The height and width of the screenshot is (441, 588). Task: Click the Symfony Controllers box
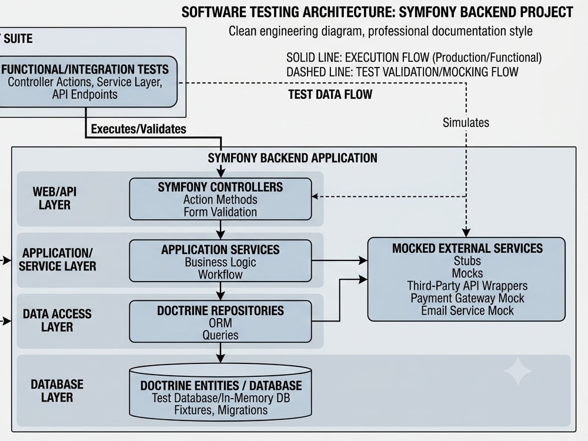point(220,199)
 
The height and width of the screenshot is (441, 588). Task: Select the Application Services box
point(220,261)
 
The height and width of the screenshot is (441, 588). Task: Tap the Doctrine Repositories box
point(220,322)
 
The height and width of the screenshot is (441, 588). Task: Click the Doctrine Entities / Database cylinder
point(220,392)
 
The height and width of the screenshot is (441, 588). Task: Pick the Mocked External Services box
point(466,279)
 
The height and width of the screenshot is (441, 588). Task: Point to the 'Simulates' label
point(466,123)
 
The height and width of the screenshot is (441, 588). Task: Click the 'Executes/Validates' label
point(138,129)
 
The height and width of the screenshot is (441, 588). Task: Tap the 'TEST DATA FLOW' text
point(330,94)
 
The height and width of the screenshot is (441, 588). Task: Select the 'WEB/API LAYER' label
point(55,198)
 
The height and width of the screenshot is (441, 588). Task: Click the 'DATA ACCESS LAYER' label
point(57,320)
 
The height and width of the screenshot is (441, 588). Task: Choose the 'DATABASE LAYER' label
point(57,391)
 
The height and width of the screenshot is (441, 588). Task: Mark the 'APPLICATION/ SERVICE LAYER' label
point(58,259)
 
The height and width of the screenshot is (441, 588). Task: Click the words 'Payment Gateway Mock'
point(467,298)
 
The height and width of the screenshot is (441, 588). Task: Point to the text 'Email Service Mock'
point(467,310)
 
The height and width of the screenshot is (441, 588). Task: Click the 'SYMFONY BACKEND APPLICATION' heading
point(292,158)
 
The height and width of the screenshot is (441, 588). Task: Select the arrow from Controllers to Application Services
point(220,229)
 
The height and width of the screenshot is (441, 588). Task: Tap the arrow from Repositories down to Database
point(220,352)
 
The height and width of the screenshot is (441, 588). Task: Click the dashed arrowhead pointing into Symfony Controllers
point(315,196)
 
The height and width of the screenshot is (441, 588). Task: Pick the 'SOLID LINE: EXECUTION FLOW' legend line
point(414,58)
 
